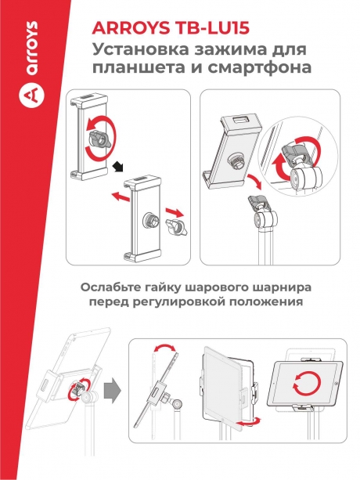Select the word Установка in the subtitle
(x=138, y=50)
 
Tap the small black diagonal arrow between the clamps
(x=118, y=164)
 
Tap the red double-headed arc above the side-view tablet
(x=163, y=348)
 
